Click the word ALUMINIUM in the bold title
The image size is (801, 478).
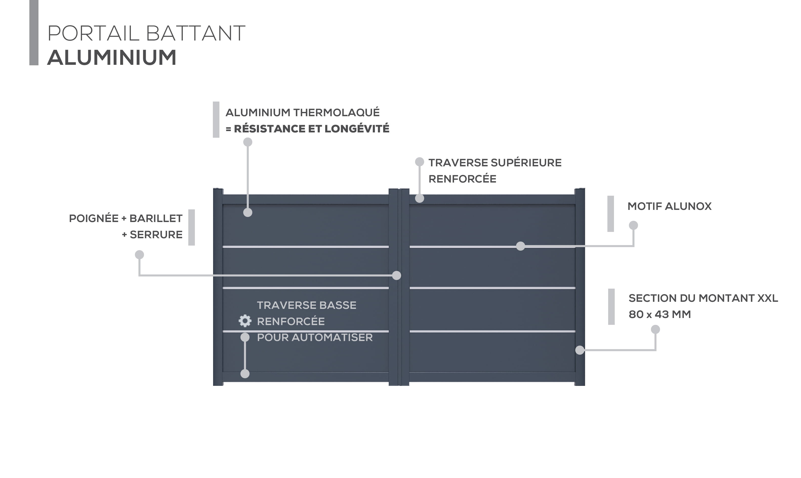click(x=112, y=58)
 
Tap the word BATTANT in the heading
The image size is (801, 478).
click(x=195, y=33)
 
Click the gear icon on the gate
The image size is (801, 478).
click(x=245, y=321)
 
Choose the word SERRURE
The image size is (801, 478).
click(x=156, y=234)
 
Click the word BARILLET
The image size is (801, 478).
click(x=156, y=218)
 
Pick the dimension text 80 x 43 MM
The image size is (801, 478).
click(x=660, y=314)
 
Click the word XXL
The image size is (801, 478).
click(x=768, y=298)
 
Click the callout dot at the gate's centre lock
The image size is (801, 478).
click(x=397, y=275)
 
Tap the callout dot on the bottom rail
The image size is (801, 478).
click(x=245, y=374)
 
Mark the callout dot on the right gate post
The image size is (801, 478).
click(x=580, y=350)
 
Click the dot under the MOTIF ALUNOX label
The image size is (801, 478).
click(x=633, y=225)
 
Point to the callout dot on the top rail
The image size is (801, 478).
click(x=420, y=198)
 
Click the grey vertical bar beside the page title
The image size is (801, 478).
click(x=34, y=32)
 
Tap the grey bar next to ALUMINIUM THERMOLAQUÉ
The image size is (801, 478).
click(x=216, y=119)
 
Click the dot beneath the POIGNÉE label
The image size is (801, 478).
click(x=139, y=255)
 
